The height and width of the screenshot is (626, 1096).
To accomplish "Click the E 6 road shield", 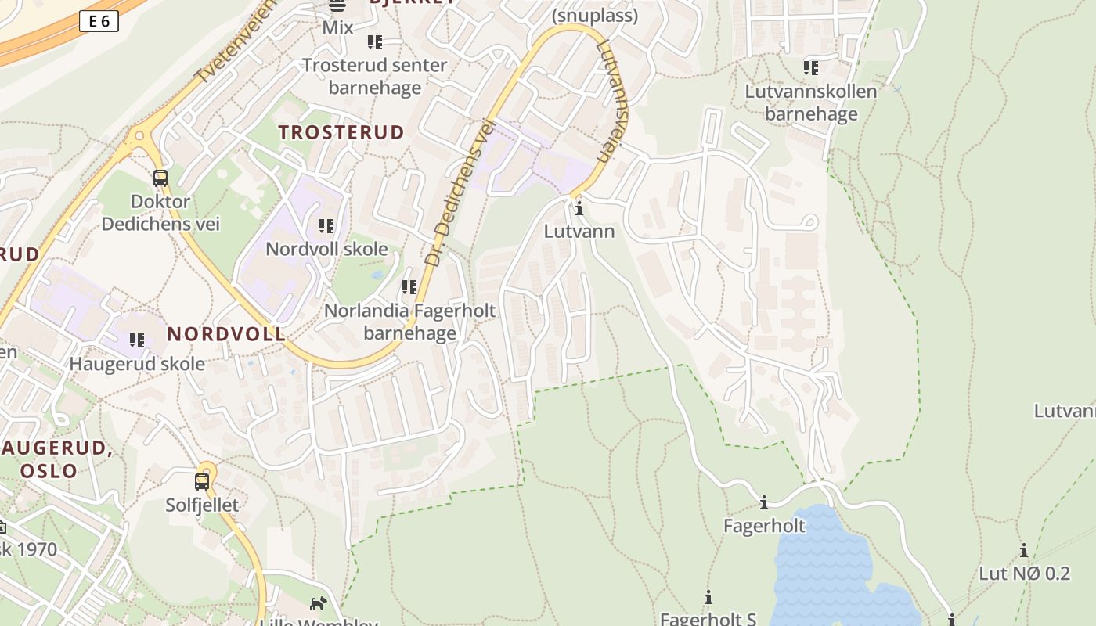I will click(99, 22).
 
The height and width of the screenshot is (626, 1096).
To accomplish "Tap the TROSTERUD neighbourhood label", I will click(341, 132).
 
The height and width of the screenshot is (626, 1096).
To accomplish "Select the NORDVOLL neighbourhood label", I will click(226, 334).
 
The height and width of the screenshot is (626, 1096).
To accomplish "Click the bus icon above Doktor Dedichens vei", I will click(160, 178).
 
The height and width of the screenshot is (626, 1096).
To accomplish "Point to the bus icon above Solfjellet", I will click(202, 481).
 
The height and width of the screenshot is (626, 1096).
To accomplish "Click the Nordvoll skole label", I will click(326, 249).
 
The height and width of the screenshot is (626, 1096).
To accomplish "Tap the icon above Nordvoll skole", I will click(326, 226).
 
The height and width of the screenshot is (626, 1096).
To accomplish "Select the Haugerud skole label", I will click(137, 364).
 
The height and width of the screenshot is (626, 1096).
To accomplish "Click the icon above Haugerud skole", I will click(137, 340).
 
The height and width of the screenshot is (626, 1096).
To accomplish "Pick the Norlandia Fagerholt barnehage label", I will click(409, 322).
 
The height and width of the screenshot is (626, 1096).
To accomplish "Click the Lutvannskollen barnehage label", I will click(810, 103).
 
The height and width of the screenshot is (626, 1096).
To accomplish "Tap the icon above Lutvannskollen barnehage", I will click(810, 68).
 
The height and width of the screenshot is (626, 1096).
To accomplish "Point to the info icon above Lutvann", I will click(579, 209).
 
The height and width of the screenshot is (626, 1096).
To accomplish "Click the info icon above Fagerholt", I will click(764, 502).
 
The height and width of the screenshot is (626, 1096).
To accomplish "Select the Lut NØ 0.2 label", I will click(1024, 574).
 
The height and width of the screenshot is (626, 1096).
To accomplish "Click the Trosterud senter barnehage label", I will click(374, 76).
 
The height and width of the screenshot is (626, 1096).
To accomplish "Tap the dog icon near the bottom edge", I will click(318, 603).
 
